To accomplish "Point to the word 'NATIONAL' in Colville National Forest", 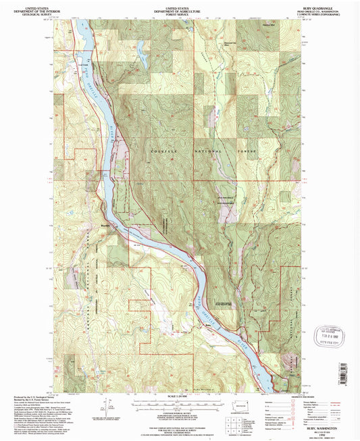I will point(209,153).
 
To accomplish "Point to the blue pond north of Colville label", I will point(140,47).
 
